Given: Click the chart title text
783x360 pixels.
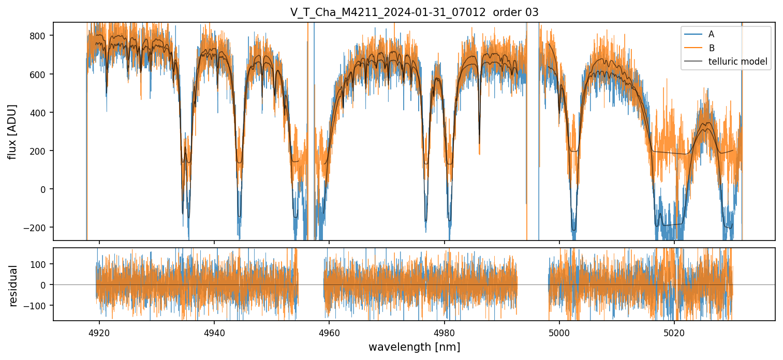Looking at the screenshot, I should point(414,12).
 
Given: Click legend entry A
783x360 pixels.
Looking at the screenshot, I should point(711,34).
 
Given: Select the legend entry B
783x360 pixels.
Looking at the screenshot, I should point(711,48).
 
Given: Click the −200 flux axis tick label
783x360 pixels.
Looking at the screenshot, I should point(39,228).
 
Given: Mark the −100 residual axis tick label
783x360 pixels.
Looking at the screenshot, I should point(39,306).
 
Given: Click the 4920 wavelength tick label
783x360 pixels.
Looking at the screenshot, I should point(99,332).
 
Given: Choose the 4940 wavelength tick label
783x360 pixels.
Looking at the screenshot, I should point(214,332).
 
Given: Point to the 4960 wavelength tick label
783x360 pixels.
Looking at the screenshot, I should point(329,332).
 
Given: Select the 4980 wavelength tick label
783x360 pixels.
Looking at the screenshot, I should point(445,332).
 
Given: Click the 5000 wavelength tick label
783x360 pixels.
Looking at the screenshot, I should point(559,332).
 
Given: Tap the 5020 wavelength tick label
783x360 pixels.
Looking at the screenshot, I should point(674,332).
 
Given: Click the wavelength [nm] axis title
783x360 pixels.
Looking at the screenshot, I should point(414,347).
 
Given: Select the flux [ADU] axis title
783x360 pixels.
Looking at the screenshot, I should point(12,131).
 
